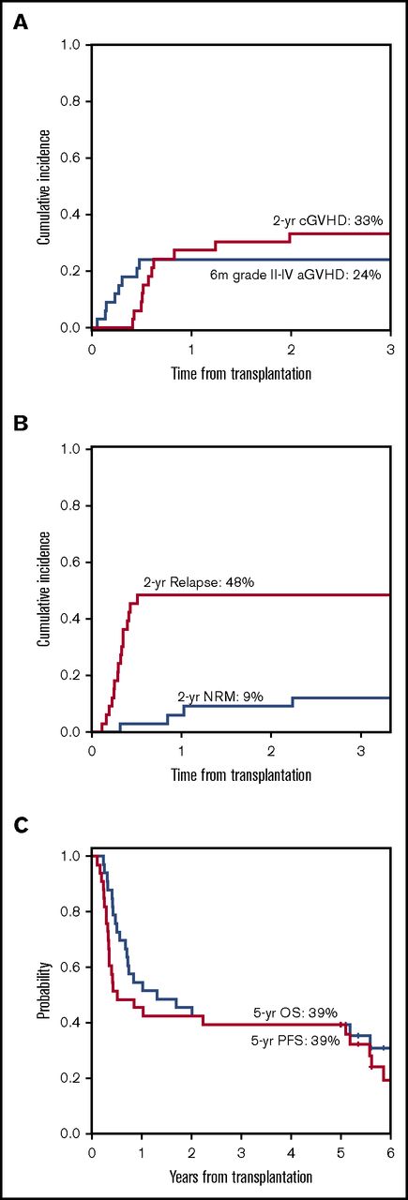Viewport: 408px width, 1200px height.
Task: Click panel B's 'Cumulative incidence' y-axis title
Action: pyautogui.click(x=44, y=591)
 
